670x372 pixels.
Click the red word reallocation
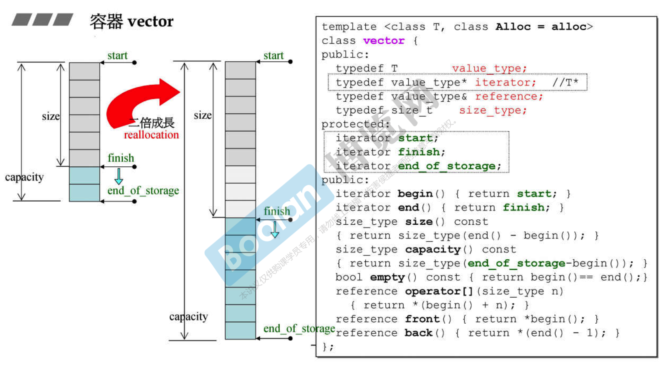click(151, 135)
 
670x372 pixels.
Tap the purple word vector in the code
click(384, 41)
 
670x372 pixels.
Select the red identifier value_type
click(489, 68)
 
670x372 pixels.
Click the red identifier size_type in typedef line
click(493, 110)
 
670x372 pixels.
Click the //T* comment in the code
click(565, 82)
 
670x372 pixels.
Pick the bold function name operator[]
click(439, 291)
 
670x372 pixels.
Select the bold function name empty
click(387, 277)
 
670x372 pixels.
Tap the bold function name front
click(422, 319)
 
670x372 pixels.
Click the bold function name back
click(418, 333)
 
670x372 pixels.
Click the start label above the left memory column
click(117, 56)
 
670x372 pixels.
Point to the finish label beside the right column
click(277, 211)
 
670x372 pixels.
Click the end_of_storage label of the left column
click(143, 190)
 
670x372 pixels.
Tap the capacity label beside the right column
click(188, 316)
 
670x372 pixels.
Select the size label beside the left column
click(51, 116)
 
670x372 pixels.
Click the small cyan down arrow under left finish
click(119, 177)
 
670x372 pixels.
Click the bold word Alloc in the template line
click(513, 27)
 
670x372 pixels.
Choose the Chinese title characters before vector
click(106, 22)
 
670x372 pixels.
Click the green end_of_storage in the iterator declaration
click(447, 166)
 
